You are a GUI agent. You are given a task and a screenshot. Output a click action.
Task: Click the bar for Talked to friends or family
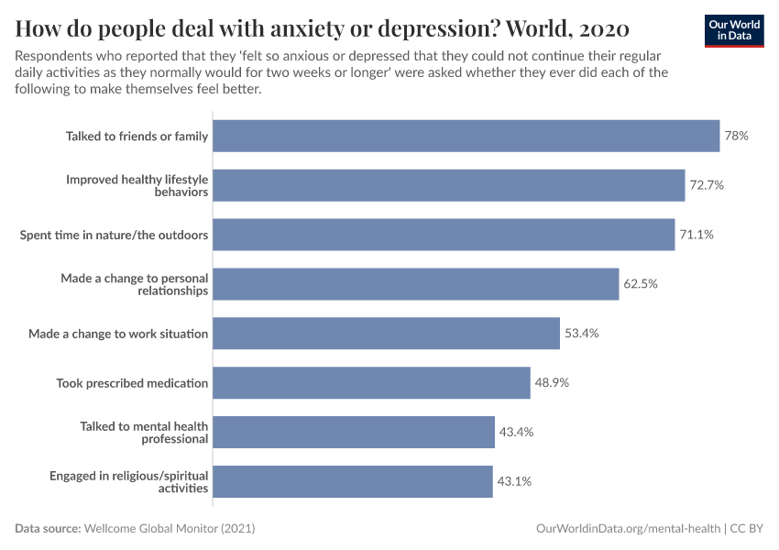(x=466, y=136)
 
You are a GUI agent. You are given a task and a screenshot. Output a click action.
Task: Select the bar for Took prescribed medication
(x=371, y=382)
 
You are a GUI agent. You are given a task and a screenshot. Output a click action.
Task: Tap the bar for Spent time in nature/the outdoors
(x=444, y=235)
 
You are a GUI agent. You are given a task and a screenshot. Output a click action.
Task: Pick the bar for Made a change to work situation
(x=386, y=333)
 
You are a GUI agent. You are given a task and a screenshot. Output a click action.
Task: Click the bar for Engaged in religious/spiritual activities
(x=353, y=481)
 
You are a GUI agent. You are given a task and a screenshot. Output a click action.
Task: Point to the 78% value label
(x=737, y=136)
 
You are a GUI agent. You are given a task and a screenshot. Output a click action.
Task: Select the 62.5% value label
(x=641, y=284)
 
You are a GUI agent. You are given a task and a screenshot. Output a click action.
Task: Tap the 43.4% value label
(x=515, y=432)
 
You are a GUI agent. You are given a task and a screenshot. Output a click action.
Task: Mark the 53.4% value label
(x=581, y=333)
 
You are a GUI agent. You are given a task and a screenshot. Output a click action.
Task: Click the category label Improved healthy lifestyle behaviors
(x=137, y=185)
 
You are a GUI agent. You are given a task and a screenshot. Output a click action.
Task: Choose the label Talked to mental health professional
(x=144, y=432)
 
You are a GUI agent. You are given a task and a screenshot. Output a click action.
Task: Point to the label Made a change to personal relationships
(x=135, y=284)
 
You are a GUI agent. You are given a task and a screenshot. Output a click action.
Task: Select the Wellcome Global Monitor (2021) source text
(x=170, y=529)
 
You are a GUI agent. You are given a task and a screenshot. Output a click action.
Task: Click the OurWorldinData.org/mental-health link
(x=628, y=529)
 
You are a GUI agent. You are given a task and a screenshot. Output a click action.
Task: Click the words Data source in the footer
(x=48, y=529)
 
